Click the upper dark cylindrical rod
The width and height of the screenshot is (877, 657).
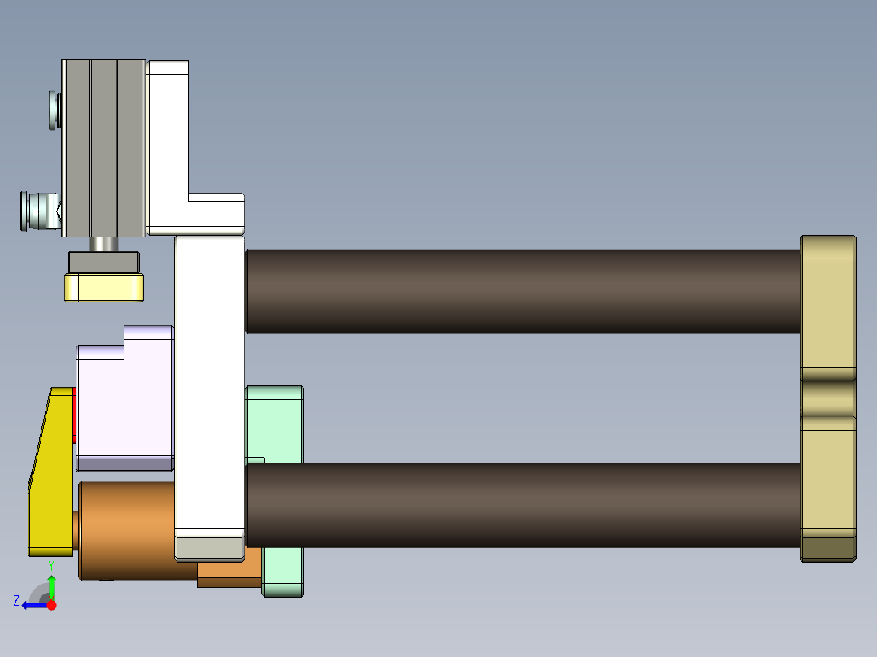[x=521, y=290]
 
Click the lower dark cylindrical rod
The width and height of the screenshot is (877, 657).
[x=521, y=504]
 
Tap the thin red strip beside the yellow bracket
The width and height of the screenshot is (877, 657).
[x=75, y=416]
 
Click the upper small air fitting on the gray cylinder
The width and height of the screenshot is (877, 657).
[x=55, y=109]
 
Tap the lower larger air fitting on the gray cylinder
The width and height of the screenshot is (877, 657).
[x=37, y=211]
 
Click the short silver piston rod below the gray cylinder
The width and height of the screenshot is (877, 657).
[x=103, y=244]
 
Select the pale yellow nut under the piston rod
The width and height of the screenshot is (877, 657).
[x=104, y=287]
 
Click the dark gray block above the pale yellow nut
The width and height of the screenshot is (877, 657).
[x=104, y=263]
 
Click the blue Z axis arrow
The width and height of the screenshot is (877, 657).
[x=33, y=604]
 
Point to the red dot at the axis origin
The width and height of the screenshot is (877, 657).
[x=51, y=605]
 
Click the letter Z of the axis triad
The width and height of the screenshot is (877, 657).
[x=16, y=601]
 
